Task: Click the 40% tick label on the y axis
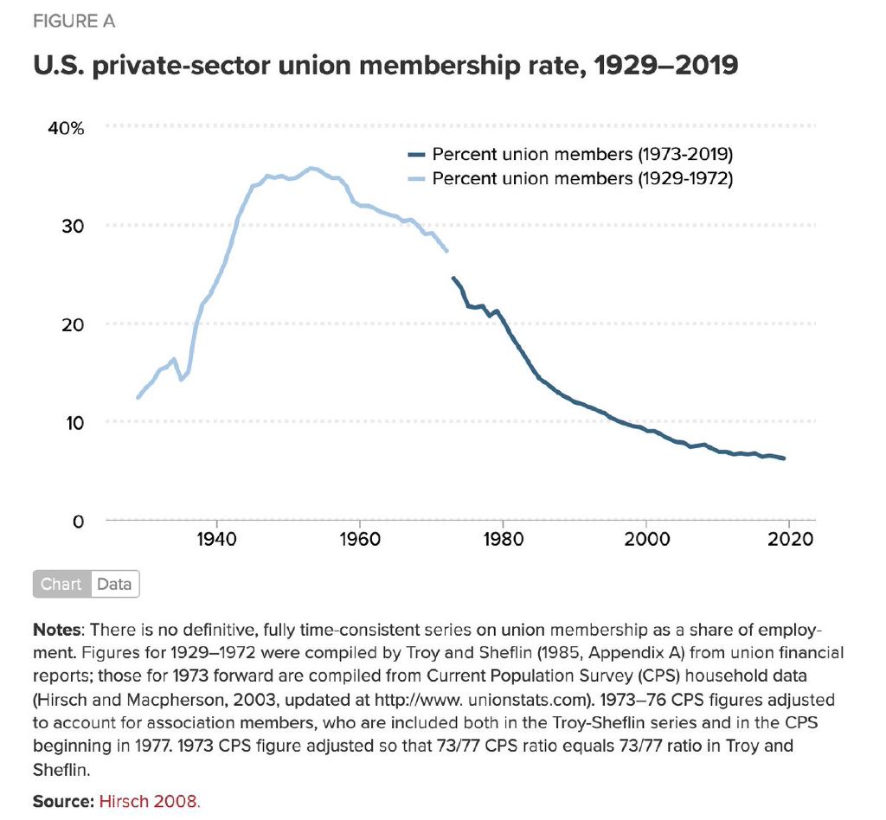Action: click(66, 129)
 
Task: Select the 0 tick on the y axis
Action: click(78, 522)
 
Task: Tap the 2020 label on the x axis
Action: click(790, 541)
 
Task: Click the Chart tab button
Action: click(61, 585)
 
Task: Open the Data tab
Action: click(114, 585)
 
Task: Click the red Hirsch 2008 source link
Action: click(149, 802)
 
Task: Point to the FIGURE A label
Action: click(74, 22)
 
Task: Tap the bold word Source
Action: click(63, 802)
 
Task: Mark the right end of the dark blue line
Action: click(784, 458)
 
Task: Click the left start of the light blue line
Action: click(138, 397)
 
